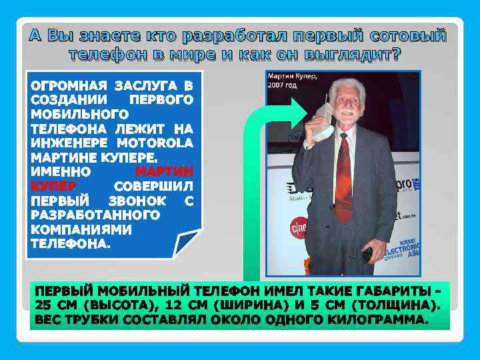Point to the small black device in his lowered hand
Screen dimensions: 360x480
click(366, 254)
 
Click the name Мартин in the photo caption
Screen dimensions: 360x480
click(281, 77)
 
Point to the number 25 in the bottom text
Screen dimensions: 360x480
click(43, 306)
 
